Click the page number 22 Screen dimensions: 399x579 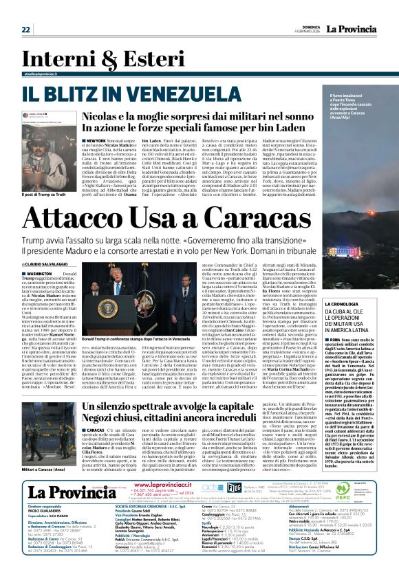26,30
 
